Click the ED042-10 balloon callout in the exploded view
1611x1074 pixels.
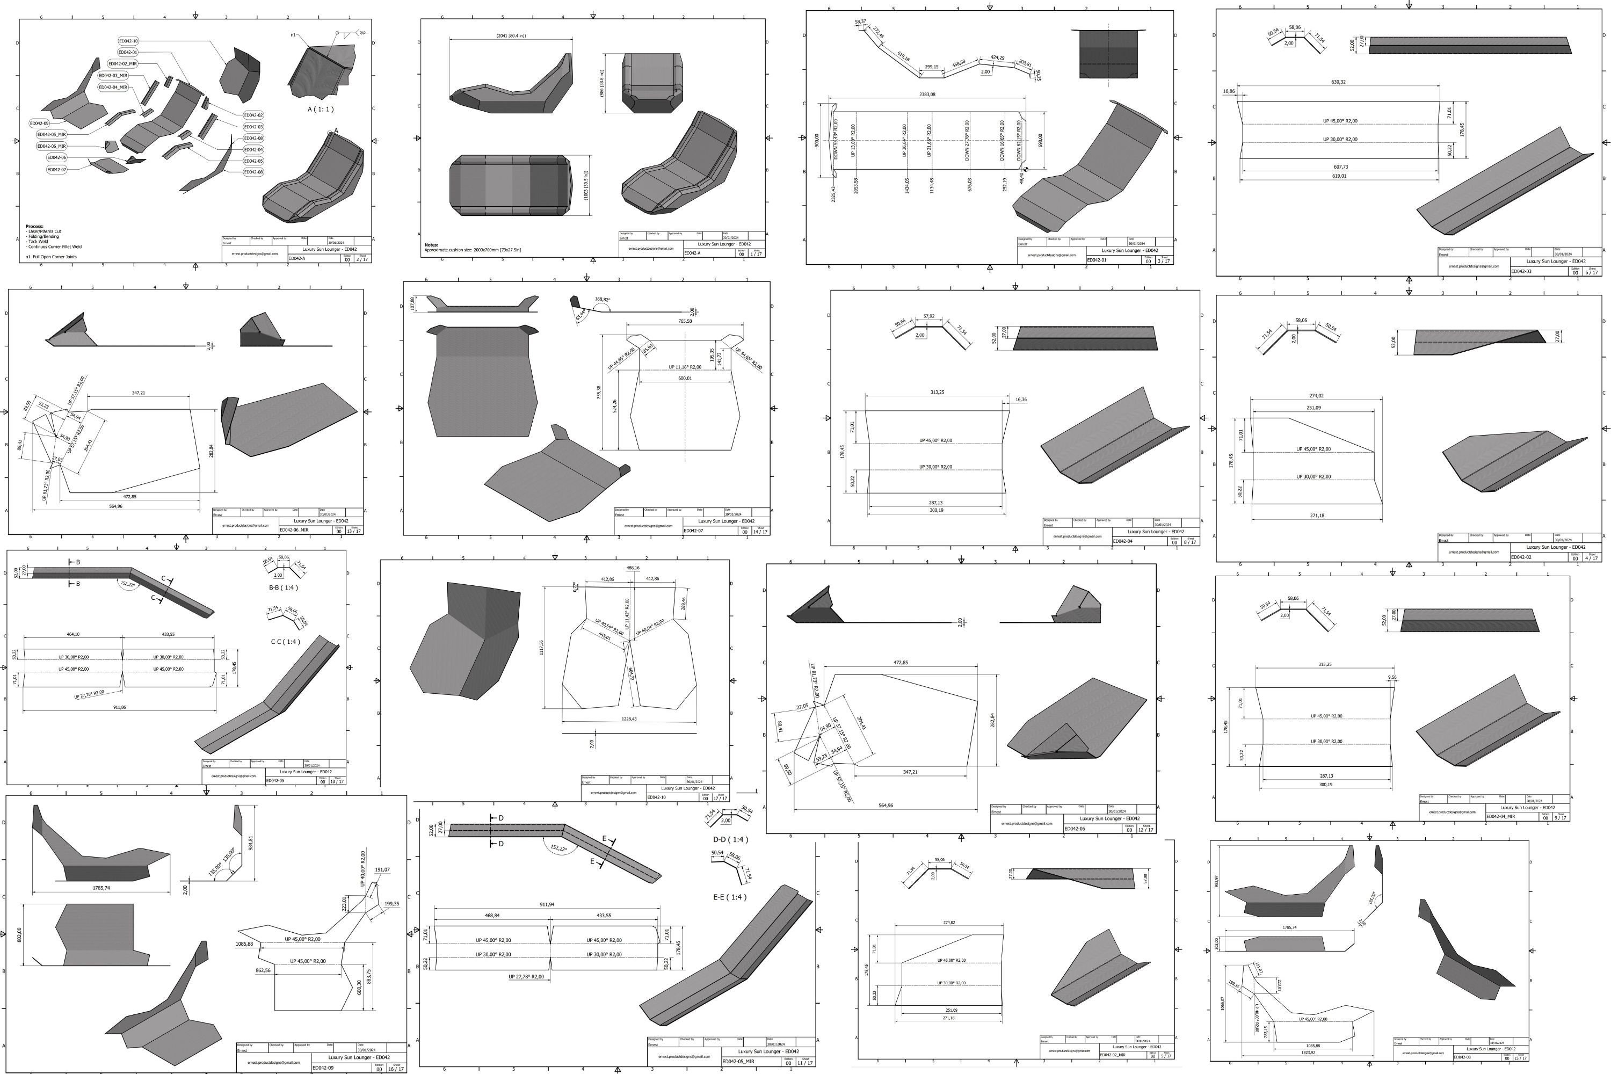pyautogui.click(x=128, y=41)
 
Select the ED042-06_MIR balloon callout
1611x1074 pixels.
pyautogui.click(x=52, y=146)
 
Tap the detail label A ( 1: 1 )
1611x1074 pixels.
pyautogui.click(x=321, y=109)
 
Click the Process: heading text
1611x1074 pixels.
pyautogui.click(x=34, y=226)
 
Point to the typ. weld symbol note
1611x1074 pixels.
pyautogui.click(x=362, y=32)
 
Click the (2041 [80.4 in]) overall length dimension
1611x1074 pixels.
pyautogui.click(x=511, y=35)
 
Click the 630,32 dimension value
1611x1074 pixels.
pyautogui.click(x=1338, y=82)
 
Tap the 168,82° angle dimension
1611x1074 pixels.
pyautogui.click(x=603, y=299)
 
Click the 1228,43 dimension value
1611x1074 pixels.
pyautogui.click(x=628, y=719)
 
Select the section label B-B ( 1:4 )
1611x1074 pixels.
pyautogui.click(x=283, y=587)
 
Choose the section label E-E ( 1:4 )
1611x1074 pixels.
pyautogui.click(x=729, y=897)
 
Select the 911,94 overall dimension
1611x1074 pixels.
pyautogui.click(x=547, y=904)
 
